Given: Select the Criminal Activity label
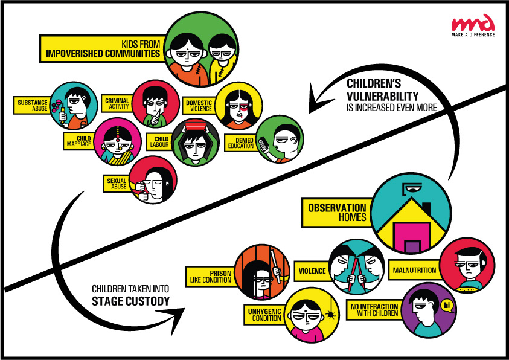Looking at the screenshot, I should pos(117,102).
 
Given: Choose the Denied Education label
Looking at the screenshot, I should pos(240,141).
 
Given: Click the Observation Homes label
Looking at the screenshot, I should pos(337,211).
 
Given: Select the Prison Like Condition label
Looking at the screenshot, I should pos(211,275).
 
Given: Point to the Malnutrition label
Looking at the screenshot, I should pos(414,270).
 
